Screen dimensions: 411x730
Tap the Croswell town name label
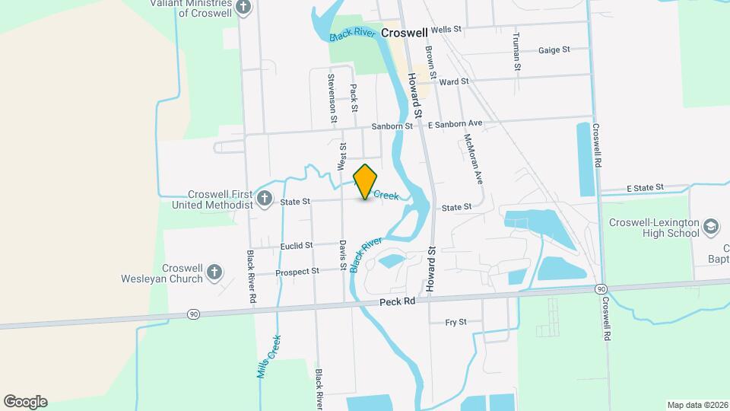pos(404,33)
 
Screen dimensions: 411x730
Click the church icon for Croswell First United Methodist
pos(265,199)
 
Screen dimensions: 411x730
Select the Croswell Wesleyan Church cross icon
pos(214,272)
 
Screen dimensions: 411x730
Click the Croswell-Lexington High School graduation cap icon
pos(710,226)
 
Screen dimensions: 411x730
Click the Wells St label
pos(446,30)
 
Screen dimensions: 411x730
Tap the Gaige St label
pos(554,50)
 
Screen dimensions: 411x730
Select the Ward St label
pos(453,81)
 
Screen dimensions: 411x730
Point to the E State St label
pos(645,187)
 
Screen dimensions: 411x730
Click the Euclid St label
pos(297,246)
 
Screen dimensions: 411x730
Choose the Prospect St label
pos(297,272)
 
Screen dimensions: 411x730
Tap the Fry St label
pos(455,322)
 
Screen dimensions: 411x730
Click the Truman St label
pos(516,52)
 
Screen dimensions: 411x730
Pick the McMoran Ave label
pos(473,160)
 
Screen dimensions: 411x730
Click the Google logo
pos(25,402)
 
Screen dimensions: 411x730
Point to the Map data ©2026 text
pos(696,405)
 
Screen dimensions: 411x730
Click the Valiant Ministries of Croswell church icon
pos(243,8)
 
